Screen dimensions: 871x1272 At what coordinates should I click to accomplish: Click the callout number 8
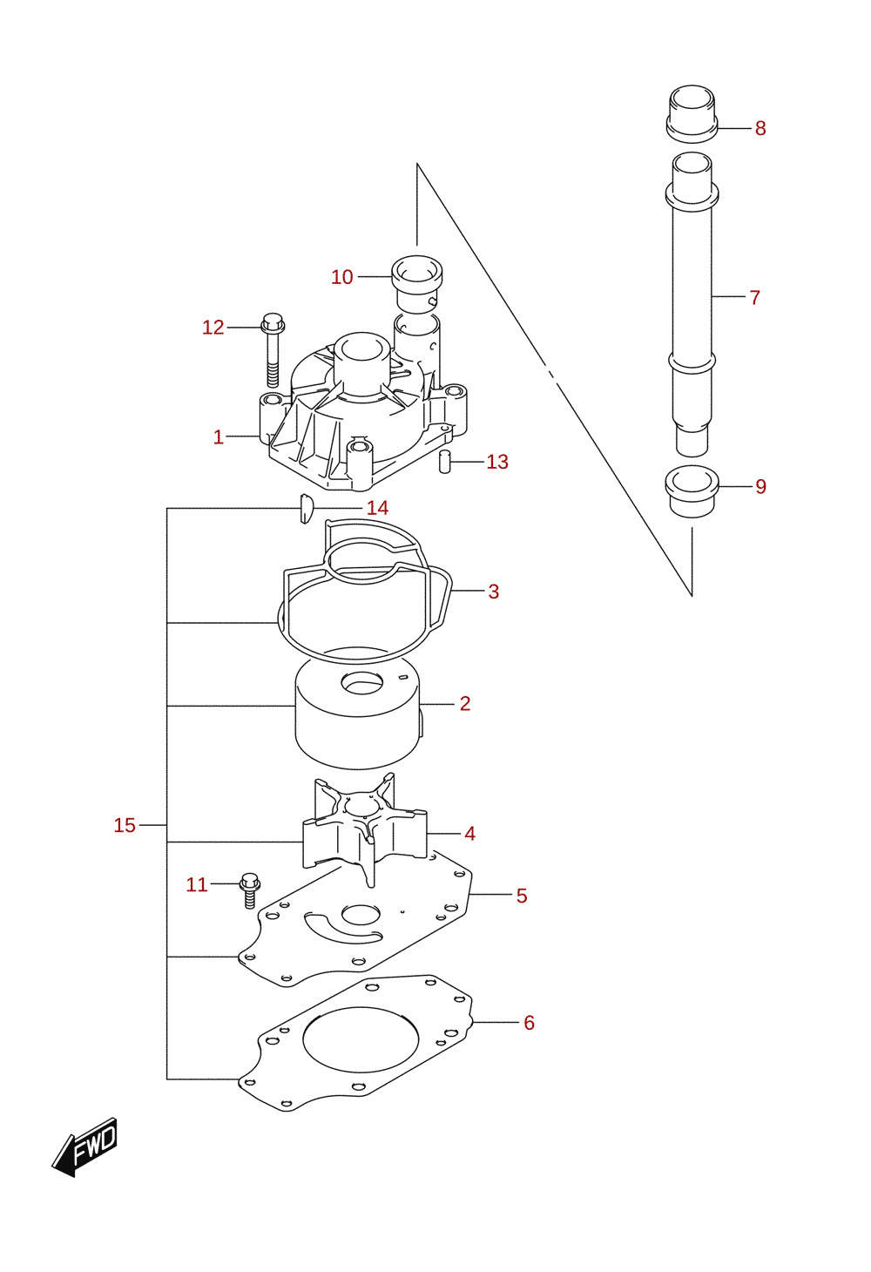760,128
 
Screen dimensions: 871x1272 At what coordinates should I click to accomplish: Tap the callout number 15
125,825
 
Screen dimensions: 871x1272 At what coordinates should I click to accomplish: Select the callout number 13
497,462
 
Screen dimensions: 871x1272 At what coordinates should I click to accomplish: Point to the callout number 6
530,1023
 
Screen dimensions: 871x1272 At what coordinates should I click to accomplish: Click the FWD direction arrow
84,1147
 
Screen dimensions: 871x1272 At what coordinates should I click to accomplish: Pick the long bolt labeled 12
273,348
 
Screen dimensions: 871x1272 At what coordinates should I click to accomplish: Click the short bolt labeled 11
250,890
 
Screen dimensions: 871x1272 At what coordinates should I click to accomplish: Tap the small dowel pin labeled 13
444,461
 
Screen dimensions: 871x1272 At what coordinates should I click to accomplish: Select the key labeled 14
306,509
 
